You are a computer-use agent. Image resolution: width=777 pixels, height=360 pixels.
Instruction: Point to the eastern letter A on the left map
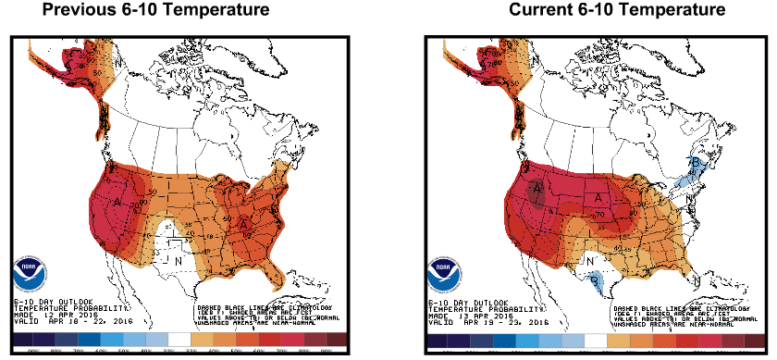[x=243, y=223]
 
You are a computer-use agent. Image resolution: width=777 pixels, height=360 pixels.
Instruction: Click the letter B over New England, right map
[x=696, y=162]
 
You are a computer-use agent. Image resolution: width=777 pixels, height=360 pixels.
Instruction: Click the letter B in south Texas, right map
[x=593, y=275]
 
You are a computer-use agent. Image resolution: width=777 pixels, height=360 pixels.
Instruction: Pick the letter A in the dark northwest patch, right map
[x=536, y=191]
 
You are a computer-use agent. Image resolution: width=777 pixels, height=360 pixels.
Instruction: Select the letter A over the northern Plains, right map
[x=598, y=196]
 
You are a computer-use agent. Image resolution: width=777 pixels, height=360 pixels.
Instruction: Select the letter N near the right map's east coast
[x=689, y=196]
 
